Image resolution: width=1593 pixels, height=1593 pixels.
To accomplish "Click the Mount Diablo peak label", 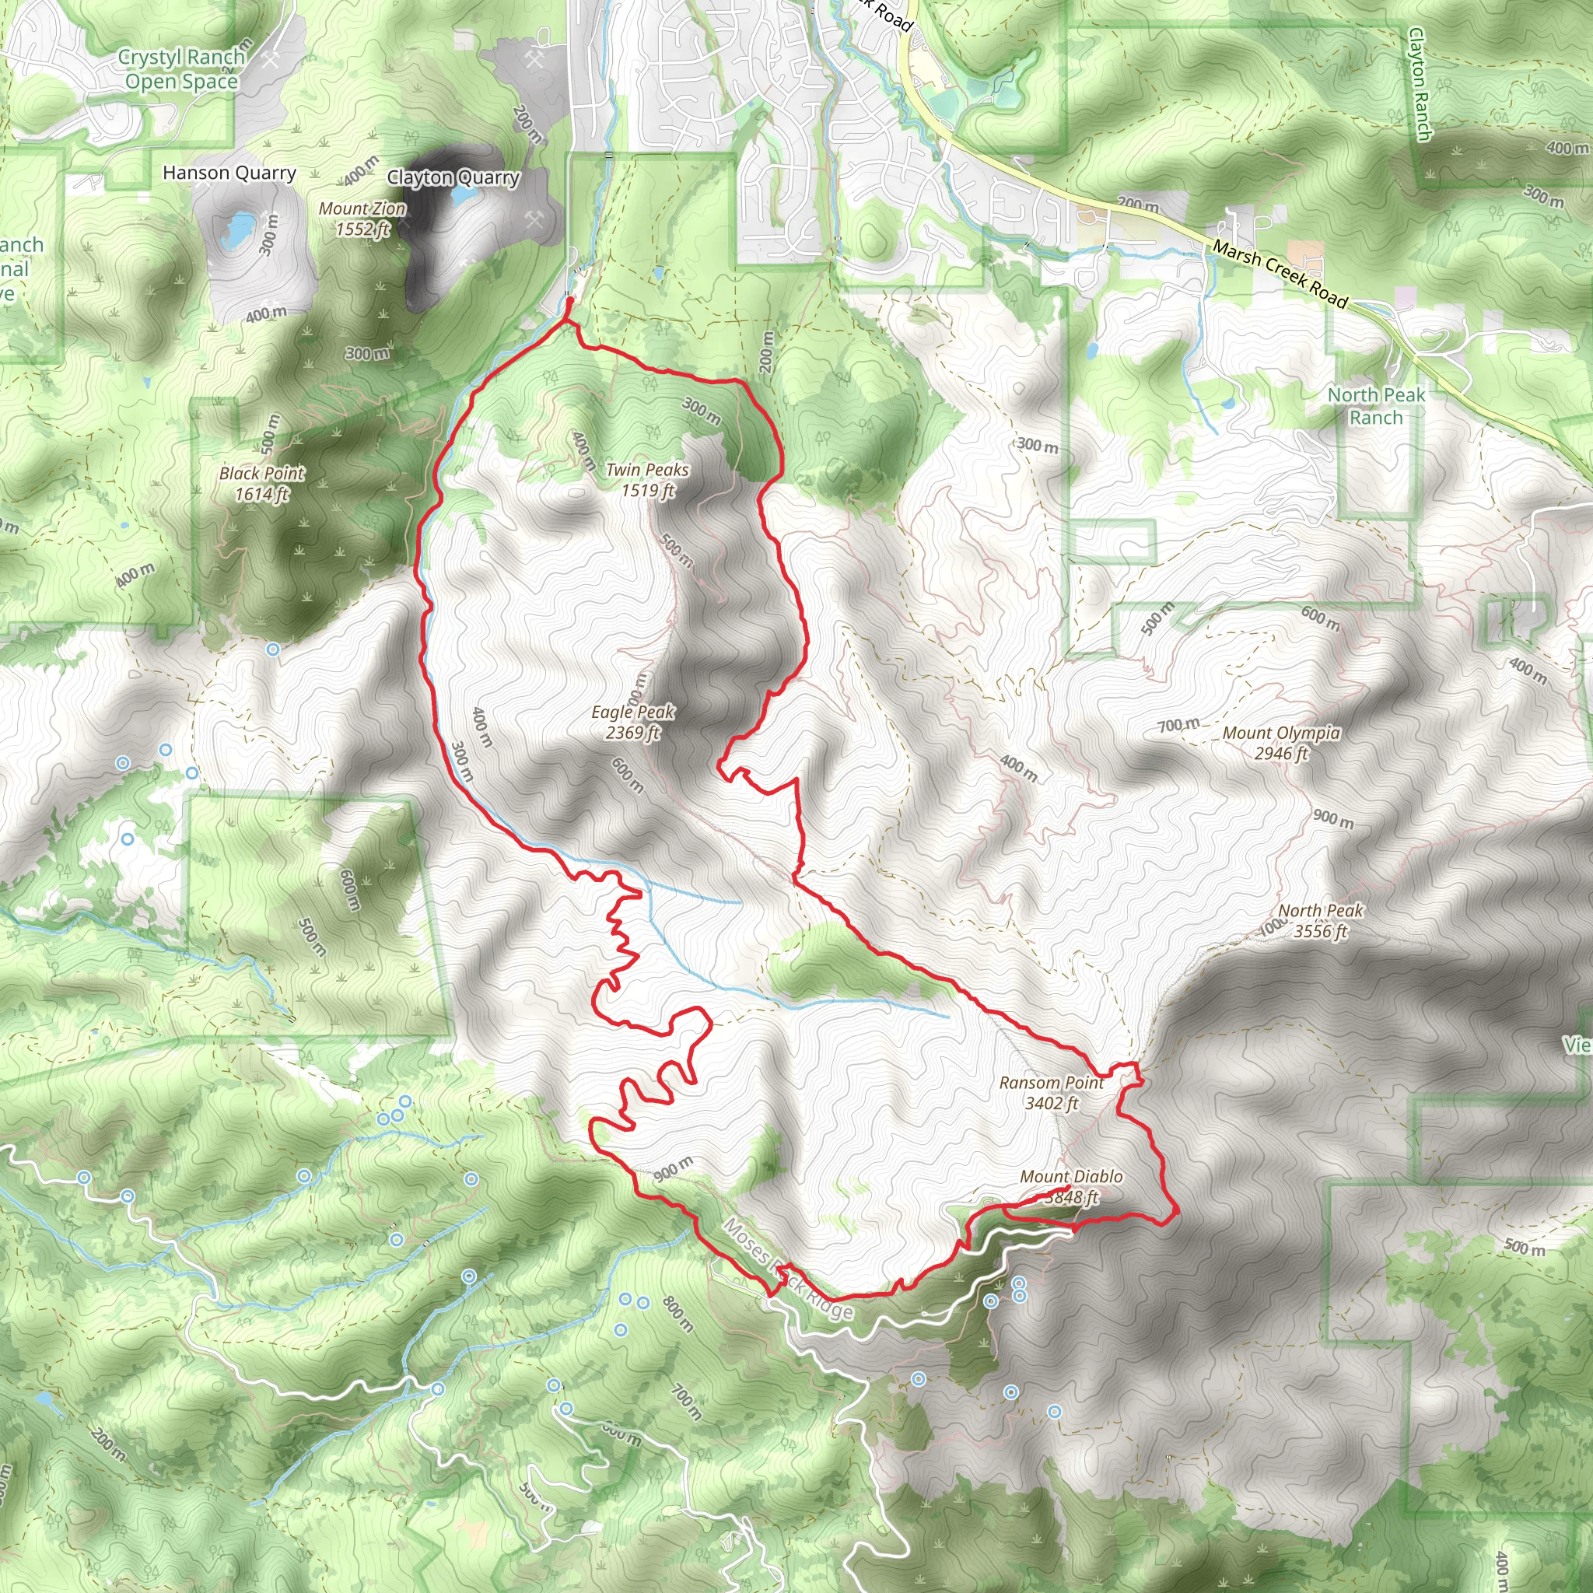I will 1071,1186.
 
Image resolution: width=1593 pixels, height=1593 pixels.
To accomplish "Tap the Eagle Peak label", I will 632,722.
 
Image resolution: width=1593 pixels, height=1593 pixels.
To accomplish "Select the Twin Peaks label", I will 647,480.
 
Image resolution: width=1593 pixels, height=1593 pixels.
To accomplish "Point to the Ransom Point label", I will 1052,1093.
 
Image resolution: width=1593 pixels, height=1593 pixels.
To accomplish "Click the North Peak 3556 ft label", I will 1320,921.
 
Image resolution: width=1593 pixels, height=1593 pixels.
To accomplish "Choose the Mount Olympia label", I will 1281,742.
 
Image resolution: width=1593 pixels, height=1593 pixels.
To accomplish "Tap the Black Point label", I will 261,483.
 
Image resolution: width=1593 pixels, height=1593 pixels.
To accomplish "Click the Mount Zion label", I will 362,219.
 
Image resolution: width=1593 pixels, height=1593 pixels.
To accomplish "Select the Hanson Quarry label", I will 229,173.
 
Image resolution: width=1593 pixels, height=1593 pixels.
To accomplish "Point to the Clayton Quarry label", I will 453,177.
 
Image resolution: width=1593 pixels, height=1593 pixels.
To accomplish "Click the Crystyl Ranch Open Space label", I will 181,69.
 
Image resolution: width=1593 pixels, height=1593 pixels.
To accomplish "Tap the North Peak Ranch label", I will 1375,406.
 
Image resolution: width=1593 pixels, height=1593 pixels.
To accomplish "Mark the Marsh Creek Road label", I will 1280,275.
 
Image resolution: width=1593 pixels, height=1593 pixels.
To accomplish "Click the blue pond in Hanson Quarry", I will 239,228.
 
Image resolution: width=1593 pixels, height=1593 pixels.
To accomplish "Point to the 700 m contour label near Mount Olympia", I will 1178,725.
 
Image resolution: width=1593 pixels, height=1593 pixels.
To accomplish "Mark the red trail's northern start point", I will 569,302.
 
